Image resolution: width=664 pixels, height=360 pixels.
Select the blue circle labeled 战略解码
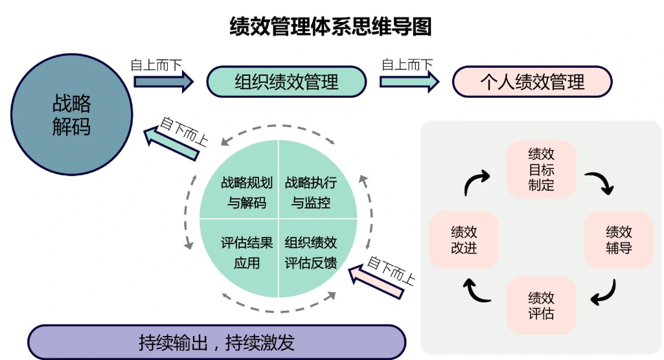coord(71,115)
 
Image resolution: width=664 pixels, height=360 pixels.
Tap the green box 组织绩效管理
coord(286,82)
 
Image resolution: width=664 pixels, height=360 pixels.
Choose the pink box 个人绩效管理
coord(532,82)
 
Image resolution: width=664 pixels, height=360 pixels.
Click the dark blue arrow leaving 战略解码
coord(163,82)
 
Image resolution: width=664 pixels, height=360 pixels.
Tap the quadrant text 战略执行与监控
coord(311,192)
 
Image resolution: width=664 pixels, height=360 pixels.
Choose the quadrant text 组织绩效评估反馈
coord(311,253)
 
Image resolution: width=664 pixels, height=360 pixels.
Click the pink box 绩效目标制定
coord(541,170)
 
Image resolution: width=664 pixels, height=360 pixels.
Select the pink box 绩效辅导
coord(619,240)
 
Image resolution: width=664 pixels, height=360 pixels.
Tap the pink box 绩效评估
coord(541,306)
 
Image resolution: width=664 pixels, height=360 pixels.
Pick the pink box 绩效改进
coord(464,240)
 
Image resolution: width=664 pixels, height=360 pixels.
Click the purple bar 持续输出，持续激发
coord(217,342)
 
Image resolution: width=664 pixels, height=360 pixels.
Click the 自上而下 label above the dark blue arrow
coord(156,65)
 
